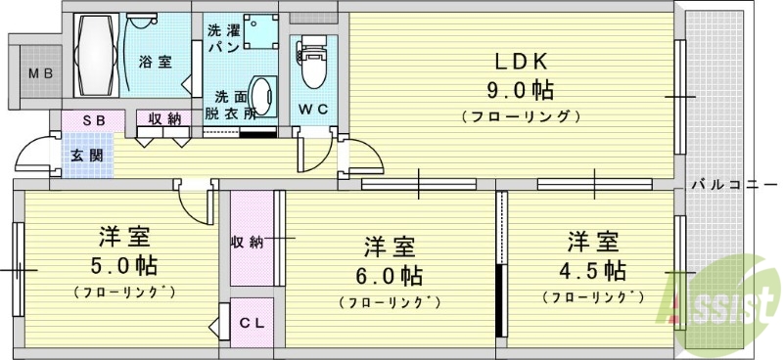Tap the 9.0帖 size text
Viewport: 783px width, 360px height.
coord(521,91)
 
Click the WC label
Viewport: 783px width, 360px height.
coord(313,108)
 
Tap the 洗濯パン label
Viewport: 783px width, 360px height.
coord(220,37)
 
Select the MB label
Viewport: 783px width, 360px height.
coord(39,73)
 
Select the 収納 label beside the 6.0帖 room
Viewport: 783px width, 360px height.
coord(249,242)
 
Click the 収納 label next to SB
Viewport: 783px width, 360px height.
coord(164,119)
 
